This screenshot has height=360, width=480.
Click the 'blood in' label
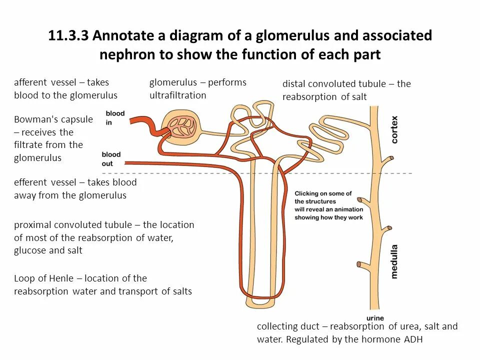[115, 117]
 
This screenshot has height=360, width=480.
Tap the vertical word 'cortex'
[394, 129]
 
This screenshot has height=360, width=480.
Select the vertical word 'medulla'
[394, 260]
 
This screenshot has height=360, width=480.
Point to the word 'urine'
[375, 318]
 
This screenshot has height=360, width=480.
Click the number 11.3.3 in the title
[68, 36]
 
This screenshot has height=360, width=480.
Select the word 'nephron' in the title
[123, 54]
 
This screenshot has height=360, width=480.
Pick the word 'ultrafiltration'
[177, 95]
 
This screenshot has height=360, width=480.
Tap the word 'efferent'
[30, 182]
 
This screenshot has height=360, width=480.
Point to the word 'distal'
[294, 84]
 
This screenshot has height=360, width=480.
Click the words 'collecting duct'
[287, 327]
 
